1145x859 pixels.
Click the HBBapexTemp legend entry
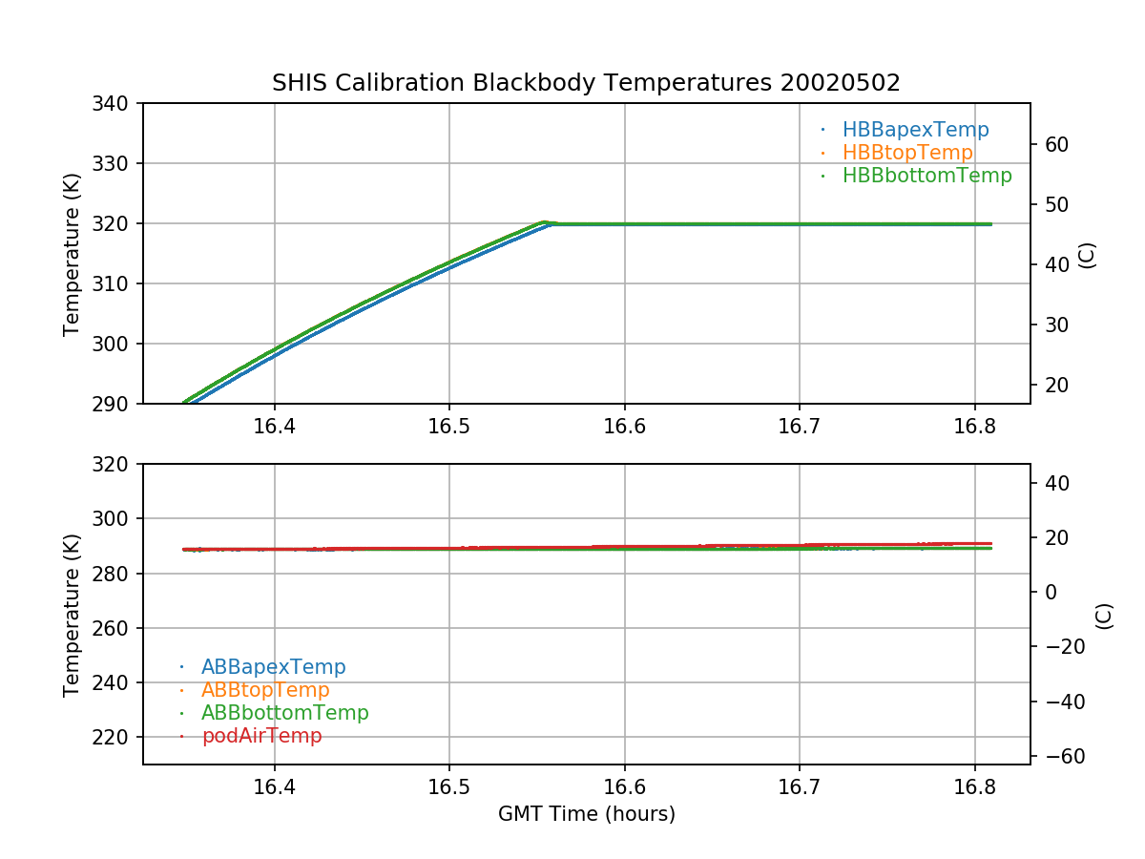915,130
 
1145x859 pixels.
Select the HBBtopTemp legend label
907,153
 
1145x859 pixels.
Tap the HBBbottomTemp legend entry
926,176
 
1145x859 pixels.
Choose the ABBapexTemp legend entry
273,667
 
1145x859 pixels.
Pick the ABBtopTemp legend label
265,690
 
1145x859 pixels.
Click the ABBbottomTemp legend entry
284,713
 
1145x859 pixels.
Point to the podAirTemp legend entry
261,736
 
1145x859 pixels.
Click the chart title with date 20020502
586,83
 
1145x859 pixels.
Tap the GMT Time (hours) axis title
586,814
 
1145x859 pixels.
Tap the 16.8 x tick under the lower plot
974,788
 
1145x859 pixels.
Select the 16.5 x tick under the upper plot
449,428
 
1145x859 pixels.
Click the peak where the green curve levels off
544,221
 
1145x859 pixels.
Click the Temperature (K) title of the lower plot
72,615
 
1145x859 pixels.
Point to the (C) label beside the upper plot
1086,255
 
